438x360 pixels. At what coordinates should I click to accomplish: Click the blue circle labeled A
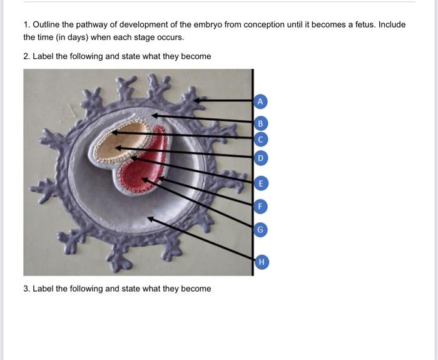(x=262, y=101)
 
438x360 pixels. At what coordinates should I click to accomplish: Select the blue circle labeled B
(x=262, y=123)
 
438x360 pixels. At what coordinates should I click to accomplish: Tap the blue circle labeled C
(x=262, y=139)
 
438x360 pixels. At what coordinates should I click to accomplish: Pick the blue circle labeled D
(x=262, y=157)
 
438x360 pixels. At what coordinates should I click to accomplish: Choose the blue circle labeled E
(x=262, y=183)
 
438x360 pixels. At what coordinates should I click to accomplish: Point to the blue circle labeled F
(x=262, y=205)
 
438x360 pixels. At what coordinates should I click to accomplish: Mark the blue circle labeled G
(x=262, y=230)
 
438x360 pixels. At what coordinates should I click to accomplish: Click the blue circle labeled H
(x=262, y=262)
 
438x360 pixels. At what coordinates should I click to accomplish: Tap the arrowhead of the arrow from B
(x=155, y=115)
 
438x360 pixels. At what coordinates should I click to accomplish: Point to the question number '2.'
(x=27, y=56)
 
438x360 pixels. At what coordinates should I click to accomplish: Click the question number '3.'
(x=27, y=289)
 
